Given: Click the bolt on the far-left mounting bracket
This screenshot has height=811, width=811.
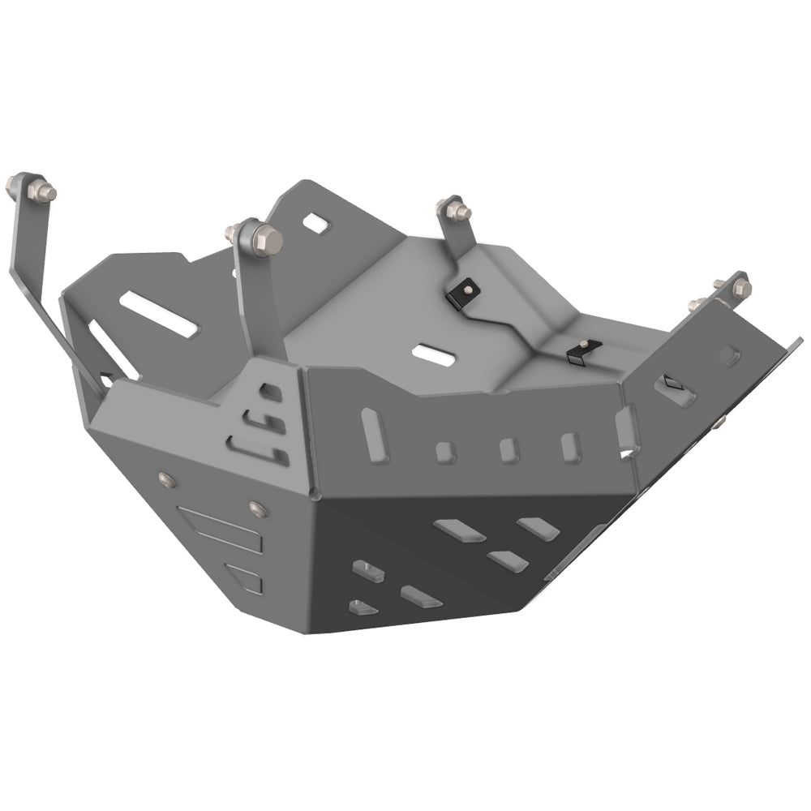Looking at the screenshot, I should pyautogui.click(x=41, y=191).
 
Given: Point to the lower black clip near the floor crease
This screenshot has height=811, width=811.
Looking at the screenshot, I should pyautogui.click(x=578, y=350).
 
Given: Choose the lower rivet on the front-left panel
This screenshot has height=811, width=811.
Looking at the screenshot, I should pyautogui.click(x=258, y=509).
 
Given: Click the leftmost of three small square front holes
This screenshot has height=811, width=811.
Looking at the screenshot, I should pyautogui.click(x=444, y=453).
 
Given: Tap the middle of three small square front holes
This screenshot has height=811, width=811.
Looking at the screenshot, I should pyautogui.click(x=508, y=450).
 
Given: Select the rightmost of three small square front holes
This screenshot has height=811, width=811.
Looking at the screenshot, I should pyautogui.click(x=570, y=447).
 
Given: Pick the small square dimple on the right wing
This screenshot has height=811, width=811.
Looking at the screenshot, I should pyautogui.click(x=729, y=354).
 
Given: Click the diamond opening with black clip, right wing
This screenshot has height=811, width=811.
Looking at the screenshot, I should pyautogui.click(x=675, y=386).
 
